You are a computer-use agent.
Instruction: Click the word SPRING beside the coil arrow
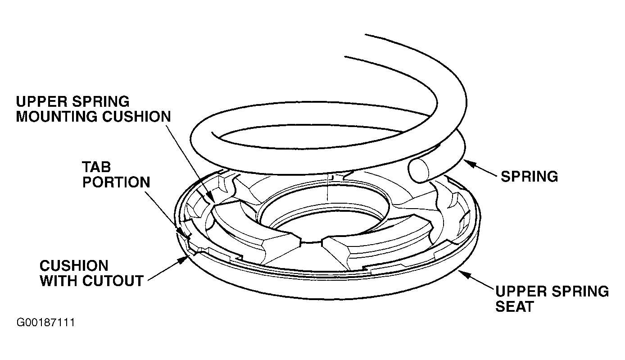tap(529, 177)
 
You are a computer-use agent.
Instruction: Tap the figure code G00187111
tap(46, 323)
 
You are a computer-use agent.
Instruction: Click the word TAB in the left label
tap(96, 167)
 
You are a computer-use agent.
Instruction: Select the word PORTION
tap(116, 182)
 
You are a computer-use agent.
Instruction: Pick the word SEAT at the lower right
tap(515, 306)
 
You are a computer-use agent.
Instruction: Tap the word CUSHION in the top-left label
tap(137, 116)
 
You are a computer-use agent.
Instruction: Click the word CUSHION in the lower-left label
tap(74, 265)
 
